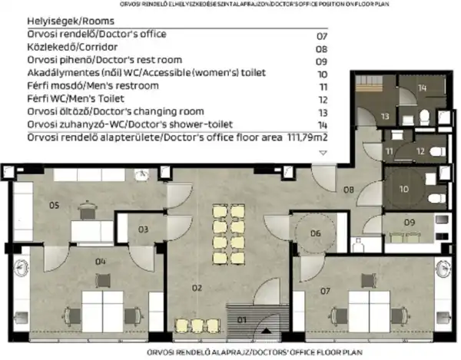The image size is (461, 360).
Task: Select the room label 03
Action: (x=144, y=229)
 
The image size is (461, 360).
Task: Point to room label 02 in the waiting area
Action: (x=197, y=288)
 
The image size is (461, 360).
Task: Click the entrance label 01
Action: (x=242, y=319)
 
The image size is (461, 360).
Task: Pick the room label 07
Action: (x=325, y=291)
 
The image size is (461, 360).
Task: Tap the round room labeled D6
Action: (x=315, y=233)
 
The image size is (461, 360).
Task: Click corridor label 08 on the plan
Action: (x=348, y=189)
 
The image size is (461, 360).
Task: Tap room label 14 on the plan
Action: (x=422, y=88)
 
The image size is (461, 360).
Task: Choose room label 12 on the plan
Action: (x=420, y=152)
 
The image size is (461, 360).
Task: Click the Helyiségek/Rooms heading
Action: (x=61, y=21)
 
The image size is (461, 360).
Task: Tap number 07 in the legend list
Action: (x=322, y=35)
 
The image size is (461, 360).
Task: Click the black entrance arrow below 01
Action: (x=266, y=330)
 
